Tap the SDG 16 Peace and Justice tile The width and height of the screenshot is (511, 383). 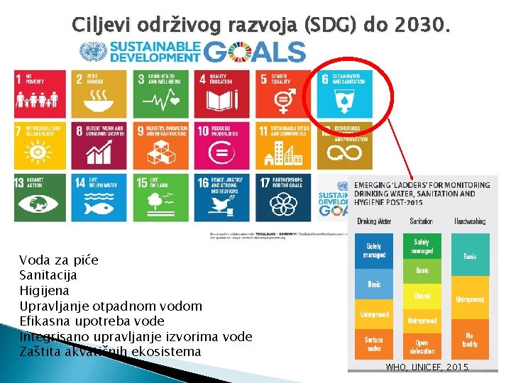pyautogui.click(x=224, y=196)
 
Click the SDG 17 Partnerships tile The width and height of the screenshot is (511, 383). pyautogui.click(x=285, y=196)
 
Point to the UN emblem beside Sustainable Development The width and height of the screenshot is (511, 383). pyautogui.click(x=91, y=52)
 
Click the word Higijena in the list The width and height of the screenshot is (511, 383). pyautogui.click(x=44, y=290)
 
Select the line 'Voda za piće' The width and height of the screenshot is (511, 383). pyautogui.click(x=58, y=260)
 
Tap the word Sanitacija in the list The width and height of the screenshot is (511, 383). pyautogui.click(x=48, y=275)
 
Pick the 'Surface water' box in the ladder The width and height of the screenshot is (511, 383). pyautogui.click(x=373, y=344)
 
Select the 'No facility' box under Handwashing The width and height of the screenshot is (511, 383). pyautogui.click(x=470, y=340)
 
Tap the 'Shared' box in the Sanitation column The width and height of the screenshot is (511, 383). pyautogui.click(x=422, y=295)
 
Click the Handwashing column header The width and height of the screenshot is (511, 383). pyautogui.click(x=470, y=221)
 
